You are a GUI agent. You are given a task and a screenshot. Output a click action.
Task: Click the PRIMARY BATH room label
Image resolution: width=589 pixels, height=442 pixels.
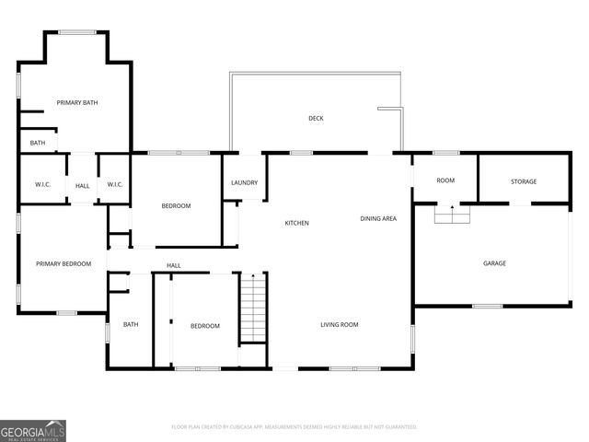pyautogui.click(x=77, y=102)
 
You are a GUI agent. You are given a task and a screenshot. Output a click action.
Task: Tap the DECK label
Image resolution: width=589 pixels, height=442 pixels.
pyautogui.click(x=316, y=118)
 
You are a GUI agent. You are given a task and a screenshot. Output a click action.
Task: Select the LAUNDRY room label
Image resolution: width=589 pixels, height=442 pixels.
pyautogui.click(x=244, y=182)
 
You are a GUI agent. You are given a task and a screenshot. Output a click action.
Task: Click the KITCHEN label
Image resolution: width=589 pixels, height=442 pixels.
pyautogui.click(x=296, y=223)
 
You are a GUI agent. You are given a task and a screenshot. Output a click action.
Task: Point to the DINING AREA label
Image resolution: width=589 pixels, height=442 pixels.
pyautogui.click(x=378, y=218)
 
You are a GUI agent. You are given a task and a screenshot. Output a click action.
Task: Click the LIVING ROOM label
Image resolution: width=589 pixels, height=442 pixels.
pyautogui.click(x=339, y=324)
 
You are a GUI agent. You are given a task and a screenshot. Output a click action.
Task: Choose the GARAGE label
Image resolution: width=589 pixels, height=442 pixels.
pyautogui.click(x=494, y=263)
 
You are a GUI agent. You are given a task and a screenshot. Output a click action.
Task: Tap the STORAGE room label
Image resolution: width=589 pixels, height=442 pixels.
pyautogui.click(x=524, y=181)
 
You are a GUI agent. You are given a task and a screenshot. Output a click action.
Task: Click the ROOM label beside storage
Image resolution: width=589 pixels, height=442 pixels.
pyautogui.click(x=445, y=181)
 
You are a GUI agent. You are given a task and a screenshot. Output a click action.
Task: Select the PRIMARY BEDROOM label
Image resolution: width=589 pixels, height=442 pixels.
pyautogui.click(x=64, y=264)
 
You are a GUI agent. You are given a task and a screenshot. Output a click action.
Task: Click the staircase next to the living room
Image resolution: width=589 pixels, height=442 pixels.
pyautogui.click(x=253, y=308)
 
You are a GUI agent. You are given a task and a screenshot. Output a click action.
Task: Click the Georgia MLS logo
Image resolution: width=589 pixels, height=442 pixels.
pyautogui.click(x=33, y=430)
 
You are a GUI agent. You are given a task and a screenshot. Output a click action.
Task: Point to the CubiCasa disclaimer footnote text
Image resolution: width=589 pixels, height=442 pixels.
pyautogui.click(x=294, y=427)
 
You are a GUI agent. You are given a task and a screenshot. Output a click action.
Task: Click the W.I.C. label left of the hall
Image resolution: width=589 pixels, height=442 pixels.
pyautogui.click(x=43, y=185)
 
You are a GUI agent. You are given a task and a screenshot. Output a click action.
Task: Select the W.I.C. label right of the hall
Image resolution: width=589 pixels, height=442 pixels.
pyautogui.click(x=115, y=185)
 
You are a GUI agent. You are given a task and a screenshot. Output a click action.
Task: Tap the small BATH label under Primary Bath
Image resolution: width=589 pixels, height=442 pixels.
pyautogui.click(x=38, y=143)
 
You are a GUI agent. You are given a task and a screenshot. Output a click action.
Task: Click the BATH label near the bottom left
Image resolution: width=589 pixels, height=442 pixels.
pyautogui.click(x=131, y=324)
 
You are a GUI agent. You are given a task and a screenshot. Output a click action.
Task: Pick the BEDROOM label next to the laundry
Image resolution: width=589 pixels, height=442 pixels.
pyautogui.click(x=176, y=205)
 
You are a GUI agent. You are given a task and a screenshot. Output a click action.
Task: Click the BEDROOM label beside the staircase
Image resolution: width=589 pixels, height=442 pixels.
pyautogui.click(x=204, y=326)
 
